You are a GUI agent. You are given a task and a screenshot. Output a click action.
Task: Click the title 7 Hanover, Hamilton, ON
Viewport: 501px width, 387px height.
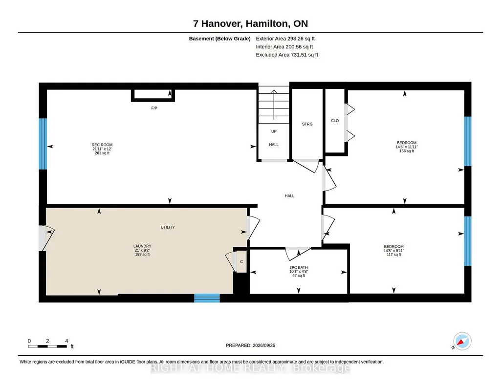(250, 23)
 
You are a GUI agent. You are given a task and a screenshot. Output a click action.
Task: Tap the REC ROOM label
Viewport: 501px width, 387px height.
(102, 145)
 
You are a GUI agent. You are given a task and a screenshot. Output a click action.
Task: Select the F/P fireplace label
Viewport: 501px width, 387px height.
(154, 108)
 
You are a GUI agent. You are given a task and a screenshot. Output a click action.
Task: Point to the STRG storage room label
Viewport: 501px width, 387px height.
(307, 124)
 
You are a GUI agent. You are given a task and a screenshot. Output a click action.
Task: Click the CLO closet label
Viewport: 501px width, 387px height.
(334, 121)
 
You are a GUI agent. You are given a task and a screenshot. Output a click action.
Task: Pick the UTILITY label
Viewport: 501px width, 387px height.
(168, 227)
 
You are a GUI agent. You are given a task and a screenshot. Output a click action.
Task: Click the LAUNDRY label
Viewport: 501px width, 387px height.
(142, 246)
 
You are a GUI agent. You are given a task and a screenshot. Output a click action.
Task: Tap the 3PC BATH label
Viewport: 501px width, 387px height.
(299, 268)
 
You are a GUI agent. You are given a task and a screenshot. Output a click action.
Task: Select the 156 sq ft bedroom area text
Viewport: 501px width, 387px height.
(407, 151)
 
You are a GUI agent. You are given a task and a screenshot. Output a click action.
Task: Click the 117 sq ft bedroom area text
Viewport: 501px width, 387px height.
(393, 255)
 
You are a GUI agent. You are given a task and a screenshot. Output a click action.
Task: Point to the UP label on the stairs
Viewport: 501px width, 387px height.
(274, 131)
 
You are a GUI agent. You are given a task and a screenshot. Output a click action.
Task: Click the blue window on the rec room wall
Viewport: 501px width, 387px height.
(43, 144)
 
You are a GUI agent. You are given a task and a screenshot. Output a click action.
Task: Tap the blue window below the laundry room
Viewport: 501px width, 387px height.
(207, 298)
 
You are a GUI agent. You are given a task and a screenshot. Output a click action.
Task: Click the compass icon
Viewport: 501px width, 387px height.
(462, 342)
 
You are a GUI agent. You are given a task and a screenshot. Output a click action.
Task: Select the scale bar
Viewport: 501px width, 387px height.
(47, 346)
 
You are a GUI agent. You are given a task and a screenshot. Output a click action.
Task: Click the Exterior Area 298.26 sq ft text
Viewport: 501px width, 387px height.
(285, 39)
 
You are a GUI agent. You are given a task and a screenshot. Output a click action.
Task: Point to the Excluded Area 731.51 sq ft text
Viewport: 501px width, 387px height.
(287, 55)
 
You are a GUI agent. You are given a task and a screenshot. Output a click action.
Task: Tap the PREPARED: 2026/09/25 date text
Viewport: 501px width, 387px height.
(250, 345)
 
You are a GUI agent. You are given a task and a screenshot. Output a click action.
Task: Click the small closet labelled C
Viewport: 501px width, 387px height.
(241, 262)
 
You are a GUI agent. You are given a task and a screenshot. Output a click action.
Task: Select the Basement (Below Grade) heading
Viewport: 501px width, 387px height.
(219, 39)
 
